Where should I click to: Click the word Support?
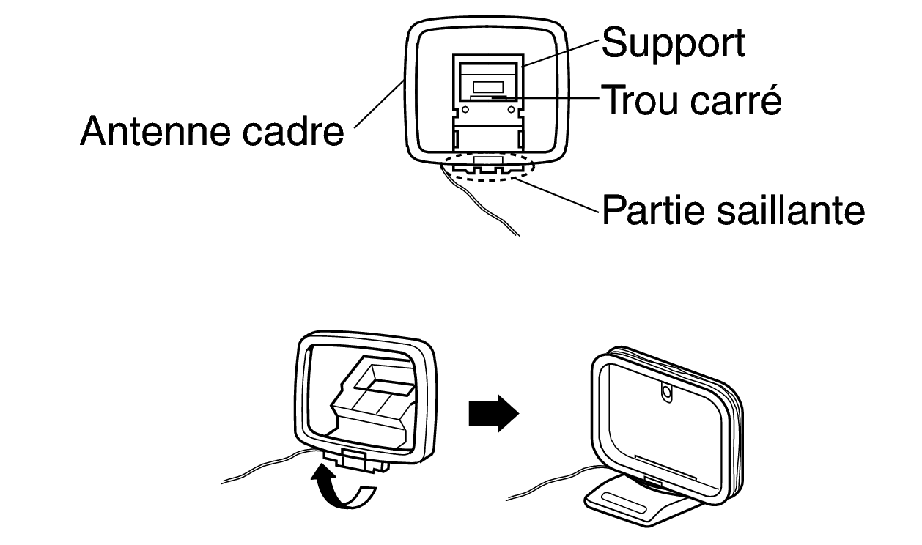[x=673, y=44]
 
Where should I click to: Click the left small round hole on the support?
[x=465, y=111]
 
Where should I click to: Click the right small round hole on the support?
[x=510, y=111]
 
